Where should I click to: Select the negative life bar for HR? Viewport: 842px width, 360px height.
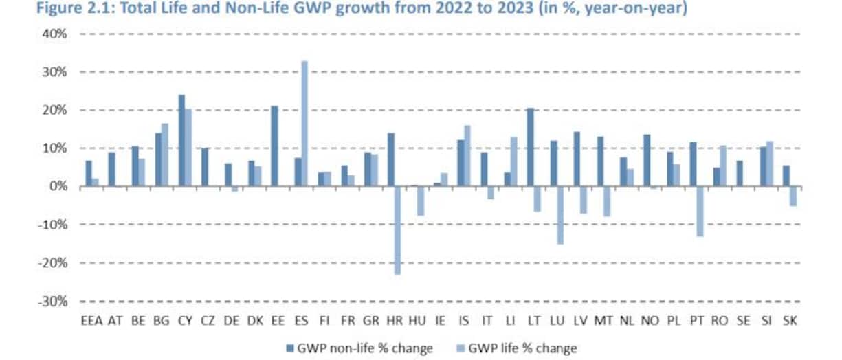[x=398, y=230]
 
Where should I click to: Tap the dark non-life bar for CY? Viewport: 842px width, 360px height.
[x=181, y=140]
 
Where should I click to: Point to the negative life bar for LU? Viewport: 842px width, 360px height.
[x=560, y=215]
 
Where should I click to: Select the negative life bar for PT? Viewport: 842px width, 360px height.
[x=700, y=211]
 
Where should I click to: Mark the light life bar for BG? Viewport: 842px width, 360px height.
[x=165, y=155]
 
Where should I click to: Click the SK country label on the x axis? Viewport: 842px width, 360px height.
[x=790, y=321]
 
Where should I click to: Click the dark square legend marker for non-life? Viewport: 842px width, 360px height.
[x=289, y=348]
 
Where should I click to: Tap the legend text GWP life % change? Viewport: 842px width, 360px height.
[x=523, y=348]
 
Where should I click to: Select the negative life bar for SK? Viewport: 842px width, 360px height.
[x=793, y=196]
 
